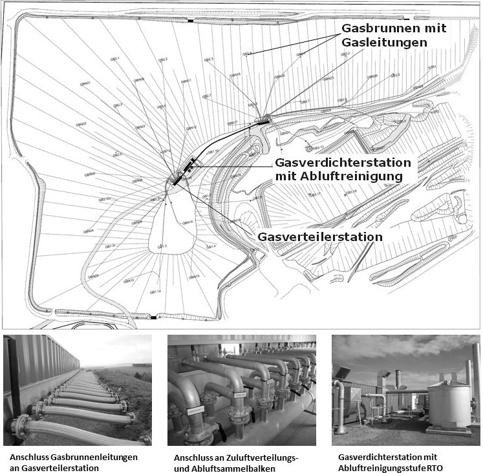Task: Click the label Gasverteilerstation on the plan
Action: [319, 237]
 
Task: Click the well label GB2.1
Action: [116, 59]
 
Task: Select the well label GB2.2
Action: [163, 59]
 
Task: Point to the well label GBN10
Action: [127, 280]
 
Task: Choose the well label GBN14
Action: [188, 222]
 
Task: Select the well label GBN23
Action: [328, 79]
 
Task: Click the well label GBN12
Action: [191, 127]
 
